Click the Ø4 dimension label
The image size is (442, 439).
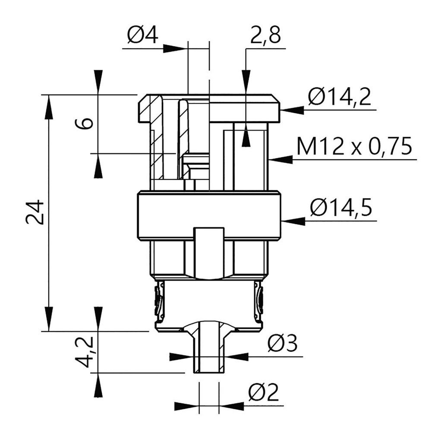click(142, 36)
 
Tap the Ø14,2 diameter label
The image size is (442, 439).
click(339, 96)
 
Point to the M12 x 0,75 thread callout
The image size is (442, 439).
click(354, 146)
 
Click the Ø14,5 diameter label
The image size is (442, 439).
click(341, 208)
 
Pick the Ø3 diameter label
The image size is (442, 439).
click(282, 343)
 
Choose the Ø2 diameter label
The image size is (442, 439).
click(264, 392)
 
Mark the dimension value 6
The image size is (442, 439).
click(84, 123)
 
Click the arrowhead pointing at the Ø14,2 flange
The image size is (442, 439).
click(292, 110)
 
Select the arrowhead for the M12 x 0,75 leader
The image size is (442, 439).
click(281, 160)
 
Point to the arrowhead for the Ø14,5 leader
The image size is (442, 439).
click(293, 221)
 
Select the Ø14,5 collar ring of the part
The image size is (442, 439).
click(209, 216)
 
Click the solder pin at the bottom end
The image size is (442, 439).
click(208, 349)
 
